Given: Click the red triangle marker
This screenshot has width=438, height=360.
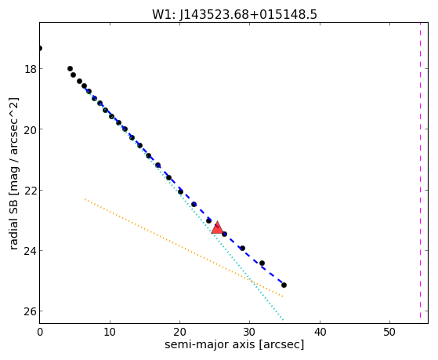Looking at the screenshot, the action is tap(217, 227).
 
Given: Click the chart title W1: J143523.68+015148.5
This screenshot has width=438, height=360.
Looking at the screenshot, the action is tap(234, 14).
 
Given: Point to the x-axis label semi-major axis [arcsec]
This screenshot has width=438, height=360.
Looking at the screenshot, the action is tap(234, 344).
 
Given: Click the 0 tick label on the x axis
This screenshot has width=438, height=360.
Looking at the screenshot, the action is tap(40, 333).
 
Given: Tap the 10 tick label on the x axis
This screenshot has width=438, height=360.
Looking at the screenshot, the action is tap(110, 333).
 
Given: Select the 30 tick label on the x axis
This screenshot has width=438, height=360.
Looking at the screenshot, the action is tap(249, 333).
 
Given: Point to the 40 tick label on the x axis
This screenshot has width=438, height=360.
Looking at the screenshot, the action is tap(320, 333).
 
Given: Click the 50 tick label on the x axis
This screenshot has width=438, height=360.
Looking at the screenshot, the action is tap(389, 333).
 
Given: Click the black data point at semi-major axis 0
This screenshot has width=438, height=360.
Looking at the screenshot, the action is tap(40, 49).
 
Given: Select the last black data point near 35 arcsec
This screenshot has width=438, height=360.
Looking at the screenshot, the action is tap(284, 285).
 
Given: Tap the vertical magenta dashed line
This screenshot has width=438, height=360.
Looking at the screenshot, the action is tap(420, 170).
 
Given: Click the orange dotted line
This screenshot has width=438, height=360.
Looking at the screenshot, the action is tap(184, 248).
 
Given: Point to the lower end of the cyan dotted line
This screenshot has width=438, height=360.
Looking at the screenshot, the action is tap(283, 320).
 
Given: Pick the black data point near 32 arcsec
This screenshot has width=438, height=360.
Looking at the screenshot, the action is tap(262, 264).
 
